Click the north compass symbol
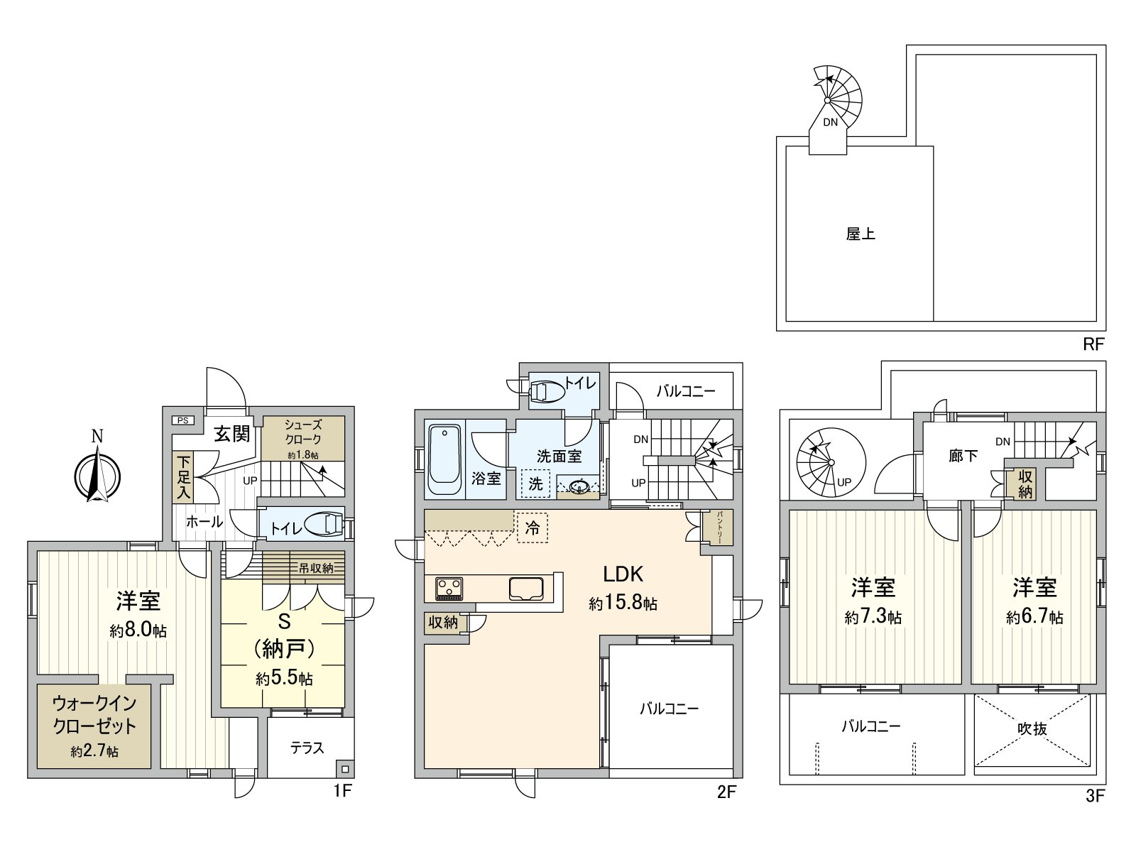[97, 476]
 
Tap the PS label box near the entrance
[183, 420]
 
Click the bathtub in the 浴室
[444, 459]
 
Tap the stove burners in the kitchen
[449, 589]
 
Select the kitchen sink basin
[526, 589]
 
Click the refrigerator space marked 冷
[532, 528]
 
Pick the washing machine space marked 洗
[535, 484]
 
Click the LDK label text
[623, 574]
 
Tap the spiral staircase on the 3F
[831, 462]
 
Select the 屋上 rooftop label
[861, 234]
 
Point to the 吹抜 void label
[1032, 729]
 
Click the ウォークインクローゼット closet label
[94, 715]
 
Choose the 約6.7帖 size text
[1034, 616]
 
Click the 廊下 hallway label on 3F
[963, 456]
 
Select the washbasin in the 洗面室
[578, 485]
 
